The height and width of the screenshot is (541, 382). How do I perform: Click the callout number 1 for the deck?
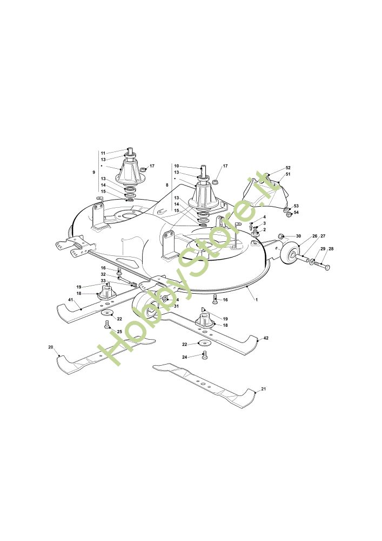click(x=256, y=300)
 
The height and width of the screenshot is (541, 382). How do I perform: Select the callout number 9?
click(x=93, y=172)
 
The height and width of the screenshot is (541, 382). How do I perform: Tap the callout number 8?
click(x=167, y=185)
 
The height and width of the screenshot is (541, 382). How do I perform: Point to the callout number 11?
click(x=103, y=153)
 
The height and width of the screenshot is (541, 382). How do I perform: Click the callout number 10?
click(x=176, y=166)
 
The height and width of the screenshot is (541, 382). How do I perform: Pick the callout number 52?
click(x=288, y=168)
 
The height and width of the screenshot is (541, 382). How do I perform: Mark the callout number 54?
click(x=296, y=213)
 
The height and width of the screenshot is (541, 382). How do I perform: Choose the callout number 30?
click(x=298, y=236)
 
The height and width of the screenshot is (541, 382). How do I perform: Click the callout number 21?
click(x=264, y=389)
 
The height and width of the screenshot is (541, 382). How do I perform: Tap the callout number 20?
click(x=51, y=347)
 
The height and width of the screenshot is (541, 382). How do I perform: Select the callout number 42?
click(x=266, y=338)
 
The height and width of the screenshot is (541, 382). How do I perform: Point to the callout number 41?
click(x=70, y=300)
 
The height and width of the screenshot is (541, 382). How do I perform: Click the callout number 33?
click(x=103, y=281)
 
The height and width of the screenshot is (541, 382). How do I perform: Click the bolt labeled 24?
click(x=204, y=355)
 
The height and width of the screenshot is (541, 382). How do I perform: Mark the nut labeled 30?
click(x=281, y=236)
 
